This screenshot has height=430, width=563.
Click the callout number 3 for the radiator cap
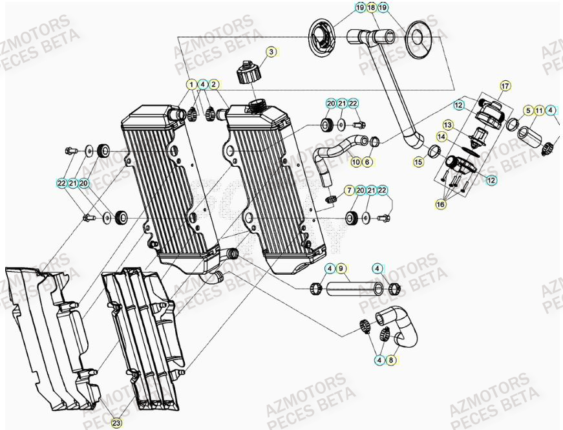(271, 52)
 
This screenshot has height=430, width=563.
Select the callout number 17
(505, 85)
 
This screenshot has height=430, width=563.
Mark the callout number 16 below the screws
(440, 204)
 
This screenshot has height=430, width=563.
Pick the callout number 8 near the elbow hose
(391, 360)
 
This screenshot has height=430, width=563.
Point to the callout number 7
(348, 190)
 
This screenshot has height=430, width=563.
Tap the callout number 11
(538, 110)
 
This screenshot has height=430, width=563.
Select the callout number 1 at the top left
(192, 84)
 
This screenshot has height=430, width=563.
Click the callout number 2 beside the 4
(214, 84)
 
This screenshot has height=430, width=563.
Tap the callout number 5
(527, 110)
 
